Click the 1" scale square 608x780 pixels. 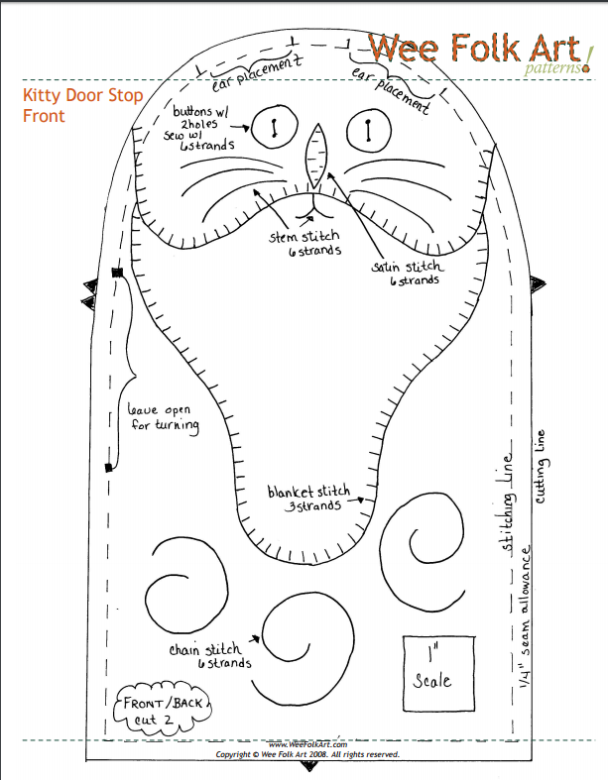point(432,670)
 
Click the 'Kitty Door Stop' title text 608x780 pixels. point(82,96)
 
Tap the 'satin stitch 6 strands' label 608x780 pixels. point(409,274)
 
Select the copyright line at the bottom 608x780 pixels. point(308,754)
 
